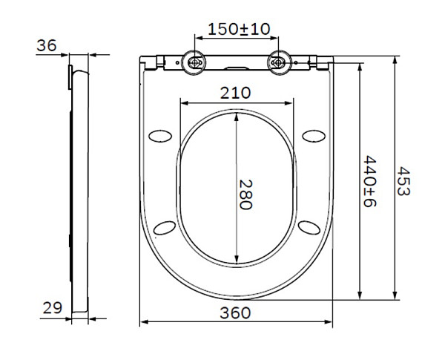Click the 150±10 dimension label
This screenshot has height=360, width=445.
238,29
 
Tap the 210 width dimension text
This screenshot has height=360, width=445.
234,93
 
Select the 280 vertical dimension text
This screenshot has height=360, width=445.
247,194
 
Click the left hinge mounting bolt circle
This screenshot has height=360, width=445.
196,63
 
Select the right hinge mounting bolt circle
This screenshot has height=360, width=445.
279,63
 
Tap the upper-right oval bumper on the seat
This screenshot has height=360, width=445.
314,135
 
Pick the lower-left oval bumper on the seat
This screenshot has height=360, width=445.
165,226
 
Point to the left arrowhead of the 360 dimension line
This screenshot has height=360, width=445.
144,322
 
